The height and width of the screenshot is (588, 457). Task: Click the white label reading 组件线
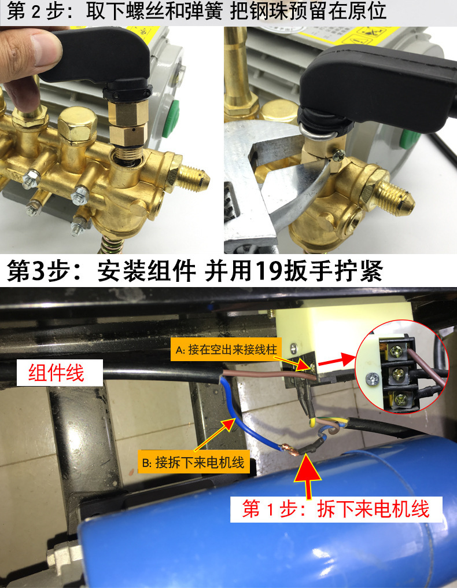point(60,373)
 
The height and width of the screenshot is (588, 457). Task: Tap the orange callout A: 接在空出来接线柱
point(226,350)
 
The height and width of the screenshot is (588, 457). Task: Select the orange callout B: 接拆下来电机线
point(193,462)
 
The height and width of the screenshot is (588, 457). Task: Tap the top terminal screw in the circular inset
point(396,351)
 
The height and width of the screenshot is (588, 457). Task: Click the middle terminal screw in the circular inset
point(397,373)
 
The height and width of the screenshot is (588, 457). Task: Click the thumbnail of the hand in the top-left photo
point(45,50)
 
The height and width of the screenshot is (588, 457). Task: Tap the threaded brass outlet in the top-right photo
point(396,197)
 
